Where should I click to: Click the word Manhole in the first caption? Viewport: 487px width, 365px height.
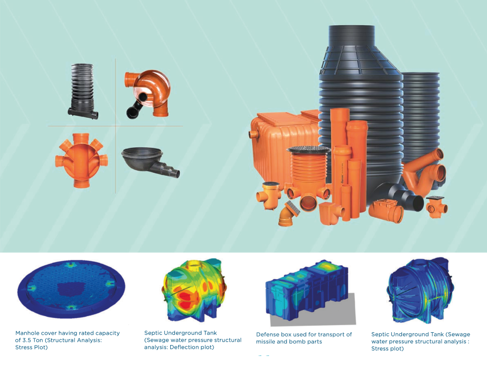tap(27, 333)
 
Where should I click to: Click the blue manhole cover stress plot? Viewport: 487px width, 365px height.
tap(71, 288)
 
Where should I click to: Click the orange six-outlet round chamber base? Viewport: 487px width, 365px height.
tap(81, 160)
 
